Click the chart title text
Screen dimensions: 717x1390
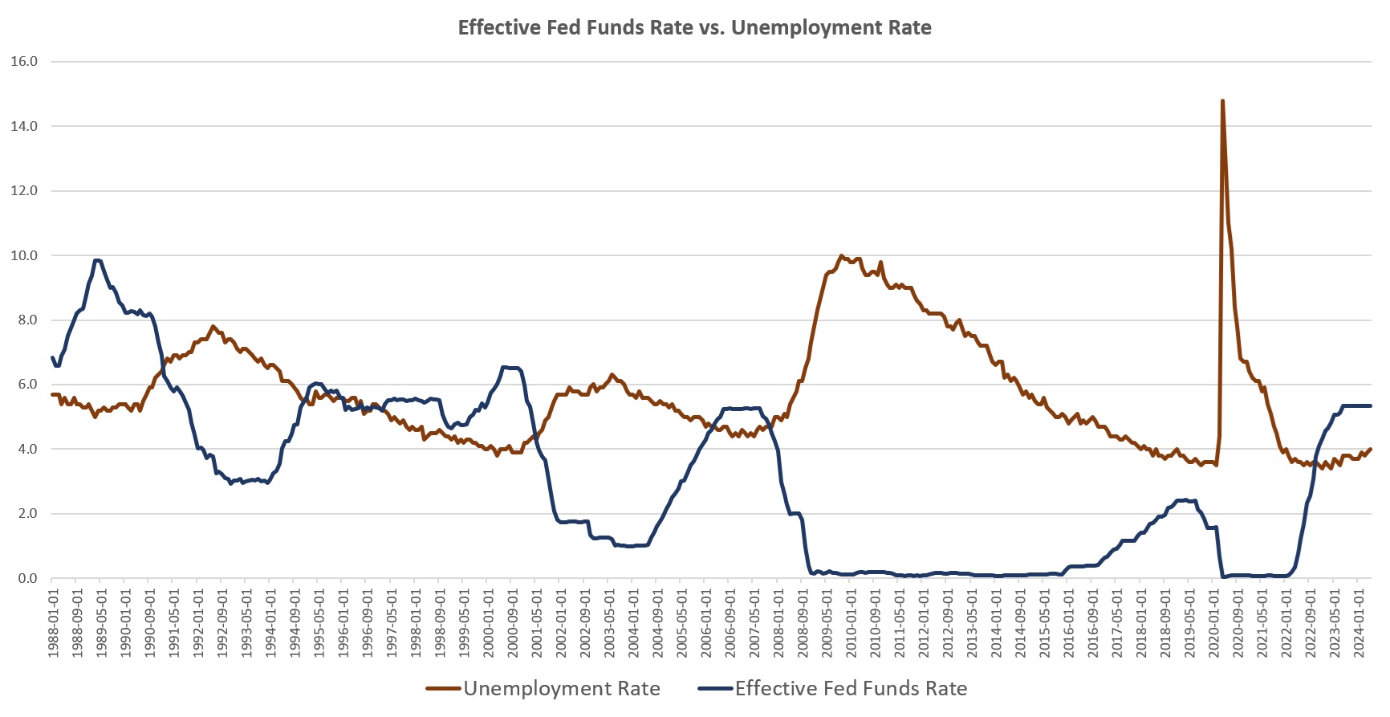pyautogui.click(x=694, y=28)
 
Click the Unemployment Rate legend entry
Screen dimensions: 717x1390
pyautogui.click(x=561, y=688)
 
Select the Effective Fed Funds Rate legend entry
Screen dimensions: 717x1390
pyautogui.click(x=851, y=688)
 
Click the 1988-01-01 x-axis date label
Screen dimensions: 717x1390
pyautogui.click(x=54, y=623)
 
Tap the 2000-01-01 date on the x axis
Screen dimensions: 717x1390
pyautogui.click(x=489, y=623)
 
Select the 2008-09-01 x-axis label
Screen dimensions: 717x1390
pyautogui.click(x=803, y=623)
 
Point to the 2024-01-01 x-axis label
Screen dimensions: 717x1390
pyautogui.click(x=1360, y=623)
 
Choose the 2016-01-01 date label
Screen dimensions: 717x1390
pyautogui.click(x=1069, y=623)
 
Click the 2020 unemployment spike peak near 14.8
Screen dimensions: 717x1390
pyautogui.click(x=1222, y=101)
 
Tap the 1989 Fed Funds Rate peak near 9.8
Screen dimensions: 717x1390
pyautogui.click(x=96, y=260)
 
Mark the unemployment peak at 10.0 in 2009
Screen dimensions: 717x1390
pyautogui.click(x=841, y=256)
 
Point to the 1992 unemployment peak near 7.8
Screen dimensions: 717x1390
pyautogui.click(x=213, y=326)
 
